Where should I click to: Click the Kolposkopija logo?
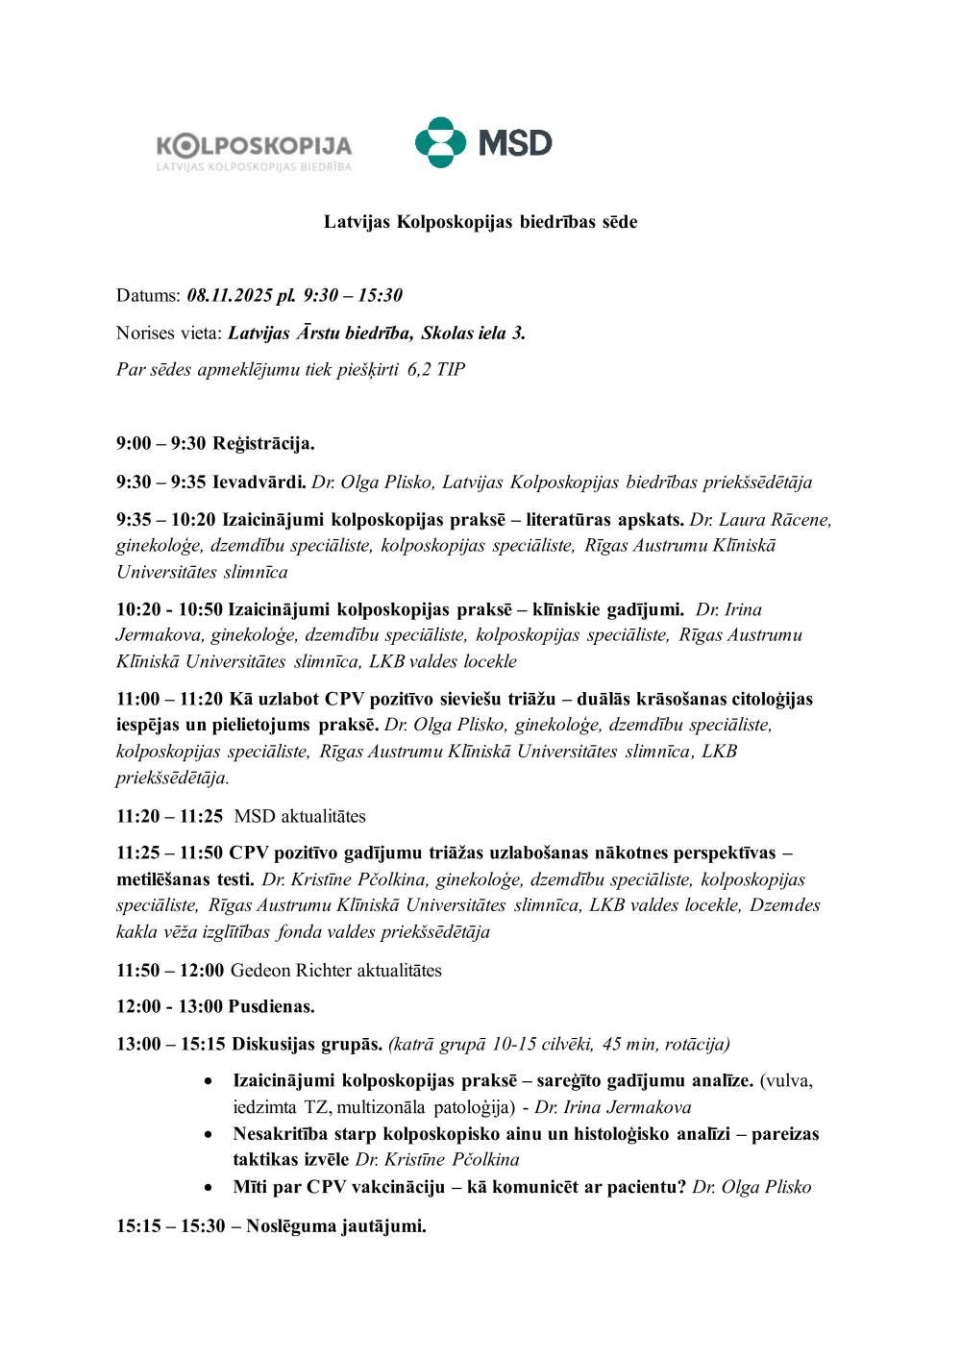click(x=254, y=151)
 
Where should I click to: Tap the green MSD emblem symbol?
click(x=440, y=142)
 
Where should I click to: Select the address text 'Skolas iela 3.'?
click(x=473, y=334)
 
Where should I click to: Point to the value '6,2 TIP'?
click(x=436, y=370)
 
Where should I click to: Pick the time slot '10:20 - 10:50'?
click(x=169, y=609)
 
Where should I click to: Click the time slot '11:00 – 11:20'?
click(x=169, y=699)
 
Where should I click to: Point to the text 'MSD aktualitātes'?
click(x=300, y=817)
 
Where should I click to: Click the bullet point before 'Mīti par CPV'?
click(x=209, y=1188)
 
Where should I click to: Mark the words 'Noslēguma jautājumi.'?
click(x=336, y=1226)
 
